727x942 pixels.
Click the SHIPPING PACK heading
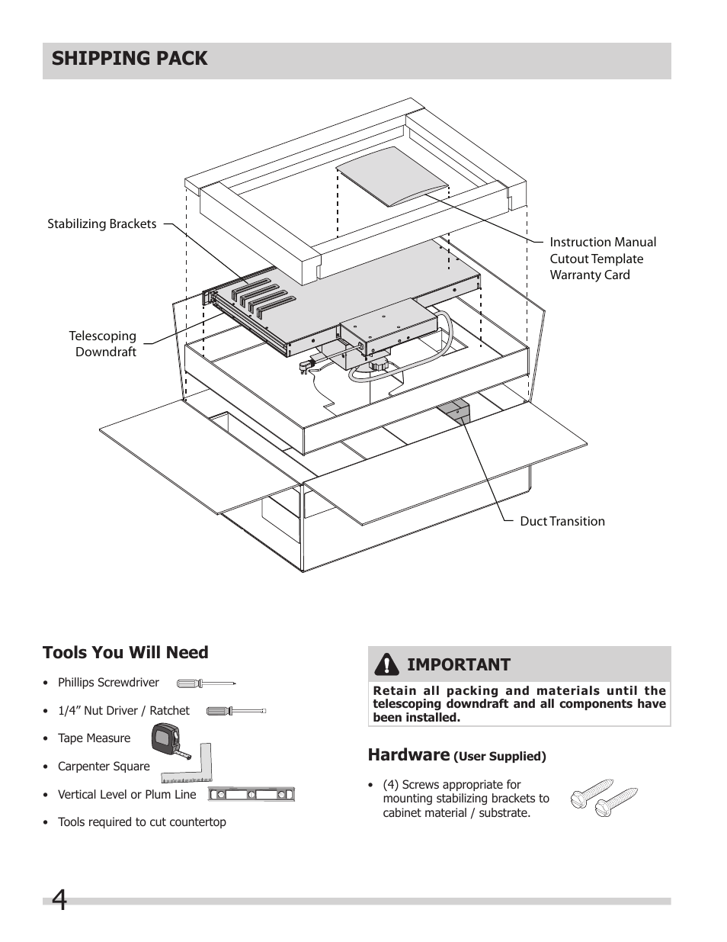(130, 59)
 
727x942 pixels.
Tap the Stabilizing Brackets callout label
(102, 223)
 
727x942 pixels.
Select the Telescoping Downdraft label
(103, 343)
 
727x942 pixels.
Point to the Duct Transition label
(562, 521)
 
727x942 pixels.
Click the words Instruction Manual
(603, 242)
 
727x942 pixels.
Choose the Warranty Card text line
(590, 275)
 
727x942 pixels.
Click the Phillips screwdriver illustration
(206, 683)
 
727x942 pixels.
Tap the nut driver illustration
(236, 711)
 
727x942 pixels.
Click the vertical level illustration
(251, 795)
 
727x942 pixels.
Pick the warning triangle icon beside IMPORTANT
(387, 664)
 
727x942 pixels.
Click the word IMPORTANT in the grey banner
(458, 664)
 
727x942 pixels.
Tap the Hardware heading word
(408, 754)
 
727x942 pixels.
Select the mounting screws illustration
(603, 797)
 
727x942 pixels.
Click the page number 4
(59, 902)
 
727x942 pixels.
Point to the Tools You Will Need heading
(125, 652)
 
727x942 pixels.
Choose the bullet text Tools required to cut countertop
(142, 822)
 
